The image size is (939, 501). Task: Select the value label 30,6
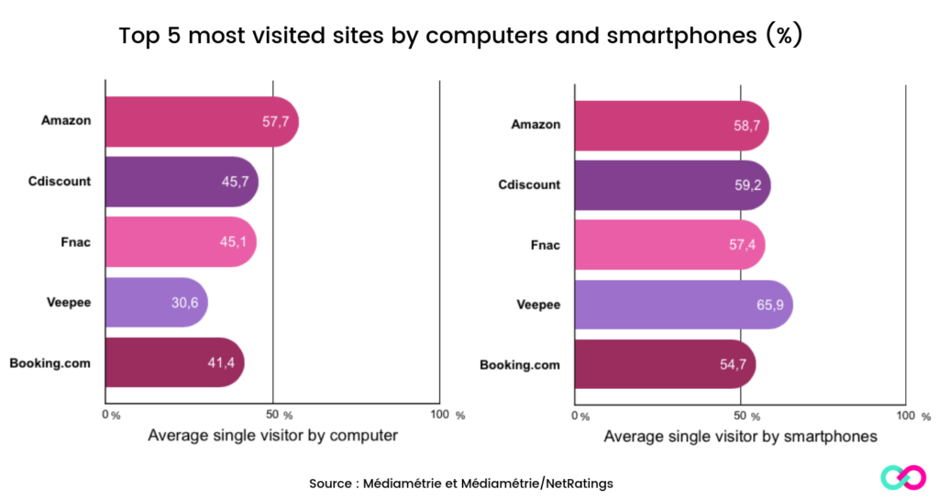coord(184,302)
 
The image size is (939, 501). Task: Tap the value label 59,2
coord(746,185)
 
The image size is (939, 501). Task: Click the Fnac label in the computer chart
coord(76,241)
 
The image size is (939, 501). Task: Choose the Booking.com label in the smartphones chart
coord(519,365)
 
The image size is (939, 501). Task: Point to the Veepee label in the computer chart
coord(68,302)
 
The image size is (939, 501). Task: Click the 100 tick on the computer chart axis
coord(441,415)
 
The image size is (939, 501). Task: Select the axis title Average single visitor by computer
coord(272,436)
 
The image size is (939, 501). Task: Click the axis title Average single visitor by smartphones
coord(740,437)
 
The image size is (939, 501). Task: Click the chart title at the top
coord(461,37)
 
